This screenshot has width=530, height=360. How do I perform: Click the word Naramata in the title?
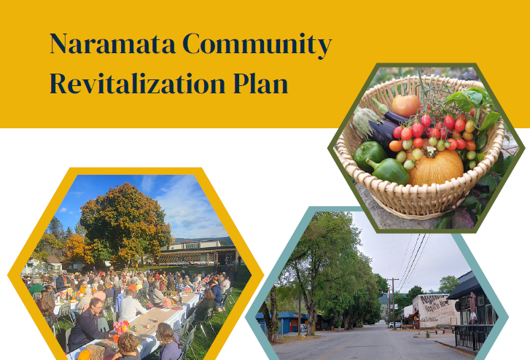[112, 44]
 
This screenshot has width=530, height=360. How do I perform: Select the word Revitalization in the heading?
[137, 83]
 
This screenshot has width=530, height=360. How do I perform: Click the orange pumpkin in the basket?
[435, 167]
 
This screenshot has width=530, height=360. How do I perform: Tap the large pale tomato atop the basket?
[406, 106]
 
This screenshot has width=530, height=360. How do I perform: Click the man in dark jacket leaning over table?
[88, 324]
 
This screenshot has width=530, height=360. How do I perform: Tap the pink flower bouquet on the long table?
[121, 327]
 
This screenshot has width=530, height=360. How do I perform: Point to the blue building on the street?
[282, 322]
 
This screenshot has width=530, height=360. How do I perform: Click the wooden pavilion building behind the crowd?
[198, 255]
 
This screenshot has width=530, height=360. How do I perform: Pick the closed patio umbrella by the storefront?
[472, 308]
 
